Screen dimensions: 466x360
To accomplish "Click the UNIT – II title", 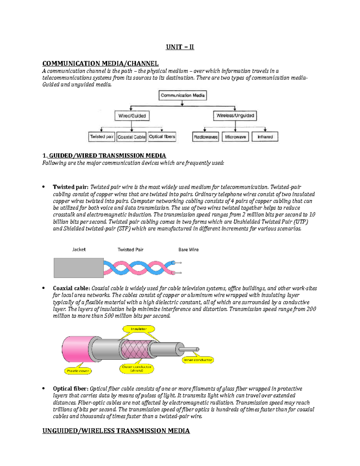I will (180, 47).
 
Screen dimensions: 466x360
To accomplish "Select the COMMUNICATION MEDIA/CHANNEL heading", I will (100, 64).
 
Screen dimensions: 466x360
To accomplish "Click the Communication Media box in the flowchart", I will (182, 95).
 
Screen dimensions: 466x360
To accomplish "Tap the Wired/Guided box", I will (132, 116).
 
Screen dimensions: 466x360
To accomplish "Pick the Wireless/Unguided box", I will (235, 116).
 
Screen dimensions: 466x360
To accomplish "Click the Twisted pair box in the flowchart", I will (102, 137).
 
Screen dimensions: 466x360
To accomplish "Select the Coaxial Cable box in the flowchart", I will (131, 137).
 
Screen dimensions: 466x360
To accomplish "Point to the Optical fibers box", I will (162, 137).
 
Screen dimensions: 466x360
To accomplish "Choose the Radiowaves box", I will (205, 137).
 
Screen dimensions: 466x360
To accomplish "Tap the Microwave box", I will (235, 137).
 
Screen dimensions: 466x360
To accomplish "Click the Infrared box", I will (265, 137).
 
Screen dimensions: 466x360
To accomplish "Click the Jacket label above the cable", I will (79, 249).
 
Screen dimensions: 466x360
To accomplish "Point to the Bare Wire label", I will (188, 250).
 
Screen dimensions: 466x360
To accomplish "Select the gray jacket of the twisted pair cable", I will (79, 268).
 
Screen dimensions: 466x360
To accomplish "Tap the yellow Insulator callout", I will (139, 329).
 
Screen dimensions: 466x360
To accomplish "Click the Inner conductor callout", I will (198, 360).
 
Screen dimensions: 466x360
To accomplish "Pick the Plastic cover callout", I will (78, 371).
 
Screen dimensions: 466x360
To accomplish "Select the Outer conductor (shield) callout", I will (137, 368).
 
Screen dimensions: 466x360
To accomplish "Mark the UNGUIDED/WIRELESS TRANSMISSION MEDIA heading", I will (116, 431).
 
